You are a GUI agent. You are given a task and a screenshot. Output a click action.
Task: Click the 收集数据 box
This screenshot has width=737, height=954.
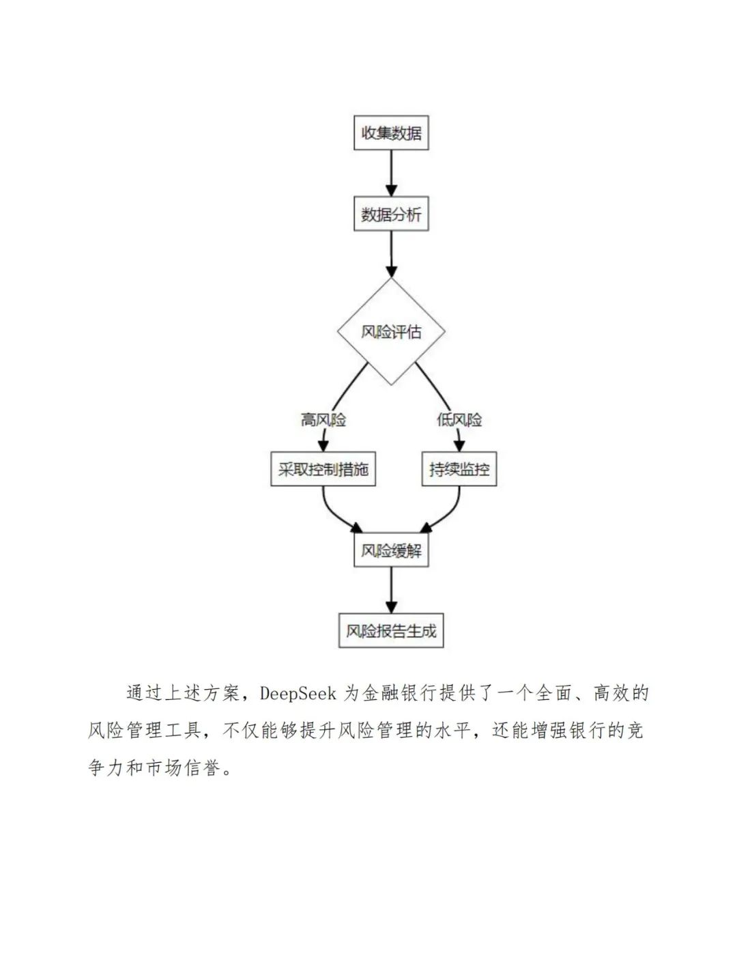[391, 132]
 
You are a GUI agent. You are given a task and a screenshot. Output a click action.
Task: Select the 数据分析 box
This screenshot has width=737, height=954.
[391, 214]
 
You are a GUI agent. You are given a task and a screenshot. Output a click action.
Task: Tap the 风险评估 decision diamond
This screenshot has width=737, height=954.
[391, 332]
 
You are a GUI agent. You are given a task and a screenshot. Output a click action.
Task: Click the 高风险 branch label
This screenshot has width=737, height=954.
[323, 419]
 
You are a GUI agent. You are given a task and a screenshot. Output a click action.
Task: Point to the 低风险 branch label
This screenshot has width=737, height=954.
[459, 419]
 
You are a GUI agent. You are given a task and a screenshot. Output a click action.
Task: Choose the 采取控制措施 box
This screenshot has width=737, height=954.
[323, 469]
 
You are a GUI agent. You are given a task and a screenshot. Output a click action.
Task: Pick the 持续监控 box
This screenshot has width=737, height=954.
[459, 469]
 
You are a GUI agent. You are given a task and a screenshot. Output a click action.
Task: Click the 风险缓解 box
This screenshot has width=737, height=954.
[391, 550]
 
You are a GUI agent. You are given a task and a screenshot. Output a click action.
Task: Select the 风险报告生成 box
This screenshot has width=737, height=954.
[391, 631]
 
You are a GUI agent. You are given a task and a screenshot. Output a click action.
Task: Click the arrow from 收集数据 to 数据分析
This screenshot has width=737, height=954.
[391, 173]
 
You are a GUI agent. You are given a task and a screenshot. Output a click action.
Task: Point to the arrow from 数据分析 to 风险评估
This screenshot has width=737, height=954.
[391, 254]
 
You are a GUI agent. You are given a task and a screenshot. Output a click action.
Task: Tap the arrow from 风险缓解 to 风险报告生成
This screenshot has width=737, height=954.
[391, 591]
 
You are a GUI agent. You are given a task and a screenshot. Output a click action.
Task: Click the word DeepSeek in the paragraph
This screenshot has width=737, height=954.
[298, 694]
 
